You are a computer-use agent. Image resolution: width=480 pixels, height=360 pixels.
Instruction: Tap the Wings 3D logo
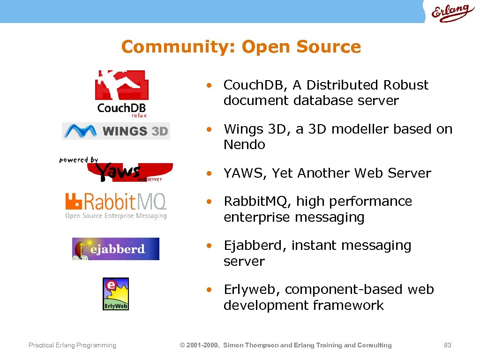coord(116,131)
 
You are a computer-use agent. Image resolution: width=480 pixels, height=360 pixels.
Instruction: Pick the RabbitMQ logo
coord(116,206)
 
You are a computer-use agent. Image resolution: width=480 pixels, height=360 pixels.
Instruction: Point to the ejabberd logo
coord(116,249)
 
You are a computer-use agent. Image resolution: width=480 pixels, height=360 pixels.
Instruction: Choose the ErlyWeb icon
coord(116,294)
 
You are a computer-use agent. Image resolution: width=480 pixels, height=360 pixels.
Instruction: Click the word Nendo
coord(244,145)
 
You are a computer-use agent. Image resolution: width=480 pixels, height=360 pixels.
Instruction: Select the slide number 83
coord(447,345)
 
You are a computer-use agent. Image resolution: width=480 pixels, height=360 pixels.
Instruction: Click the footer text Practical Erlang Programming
coord(72,345)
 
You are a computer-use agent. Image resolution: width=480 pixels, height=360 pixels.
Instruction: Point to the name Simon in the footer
coord(233,345)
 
